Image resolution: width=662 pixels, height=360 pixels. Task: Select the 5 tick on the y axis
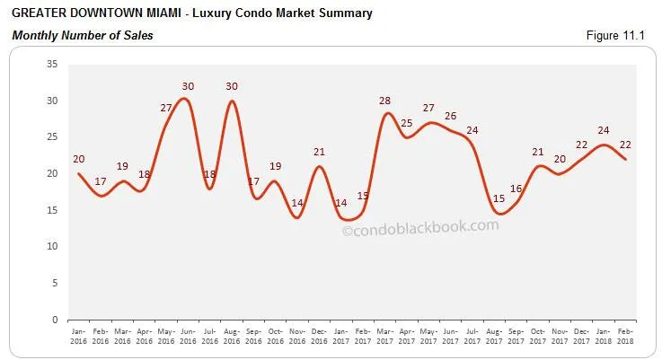pyautogui.click(x=54, y=283)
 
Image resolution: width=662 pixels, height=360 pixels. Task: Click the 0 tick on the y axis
pyautogui.click(x=54, y=320)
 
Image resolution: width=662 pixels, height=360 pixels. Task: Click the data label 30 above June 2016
pyautogui.click(x=188, y=87)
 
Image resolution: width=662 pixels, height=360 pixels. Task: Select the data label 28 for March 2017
pyautogui.click(x=384, y=101)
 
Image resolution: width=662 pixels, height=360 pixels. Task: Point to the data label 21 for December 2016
pyautogui.click(x=319, y=153)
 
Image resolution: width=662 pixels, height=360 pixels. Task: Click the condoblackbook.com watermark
pyautogui.click(x=420, y=227)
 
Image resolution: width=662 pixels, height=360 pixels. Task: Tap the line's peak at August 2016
pyautogui.click(x=232, y=101)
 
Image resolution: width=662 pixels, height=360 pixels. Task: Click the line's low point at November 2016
pyautogui.click(x=297, y=217)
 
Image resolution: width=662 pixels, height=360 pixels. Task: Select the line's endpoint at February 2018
pyautogui.click(x=625, y=159)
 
